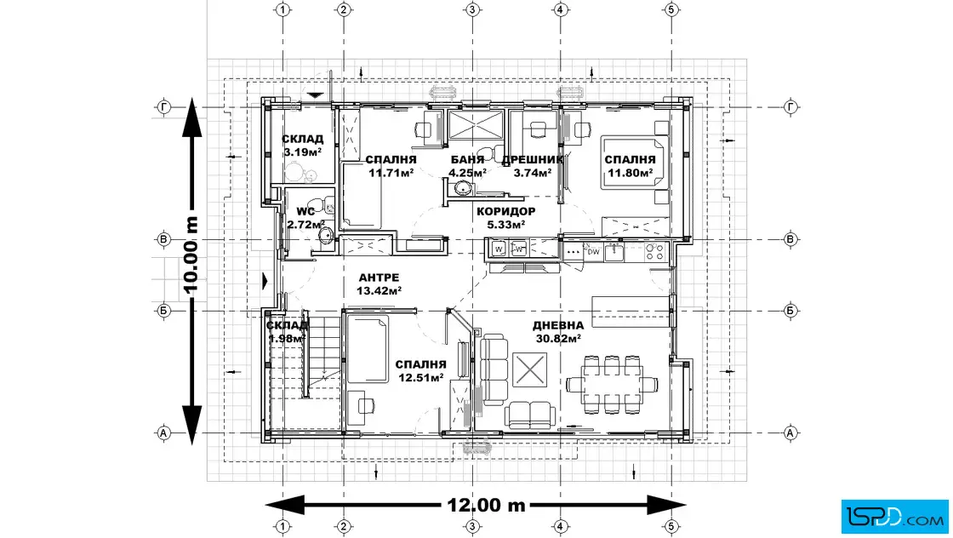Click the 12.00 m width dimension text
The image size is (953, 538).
(x=486, y=505)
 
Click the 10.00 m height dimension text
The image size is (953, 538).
(x=191, y=255)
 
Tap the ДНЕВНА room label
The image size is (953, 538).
(x=558, y=326)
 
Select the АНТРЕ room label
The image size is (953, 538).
(x=379, y=278)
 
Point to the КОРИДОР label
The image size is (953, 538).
(x=505, y=212)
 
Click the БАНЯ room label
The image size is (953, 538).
(x=467, y=159)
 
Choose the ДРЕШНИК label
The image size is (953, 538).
(x=533, y=159)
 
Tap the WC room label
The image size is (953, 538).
(x=305, y=212)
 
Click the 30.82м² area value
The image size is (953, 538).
(x=558, y=339)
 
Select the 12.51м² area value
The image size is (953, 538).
(x=420, y=377)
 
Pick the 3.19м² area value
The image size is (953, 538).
(x=302, y=152)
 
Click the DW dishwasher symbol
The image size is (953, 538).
(x=593, y=252)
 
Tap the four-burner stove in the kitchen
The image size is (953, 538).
(x=654, y=252)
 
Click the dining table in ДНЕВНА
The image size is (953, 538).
(x=612, y=384)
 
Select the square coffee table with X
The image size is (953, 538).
(x=529, y=369)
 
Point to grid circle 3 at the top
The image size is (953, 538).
(x=472, y=9)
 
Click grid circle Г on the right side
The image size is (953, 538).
(x=790, y=107)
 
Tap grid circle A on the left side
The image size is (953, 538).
(x=163, y=433)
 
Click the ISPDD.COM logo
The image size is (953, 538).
(x=894, y=517)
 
